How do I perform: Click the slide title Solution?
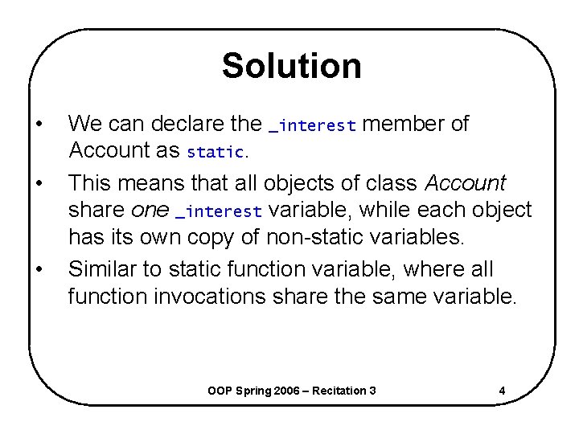[291, 66]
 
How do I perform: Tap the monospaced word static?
[215, 151]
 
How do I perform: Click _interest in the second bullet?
[219, 212]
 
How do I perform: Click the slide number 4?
[502, 391]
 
